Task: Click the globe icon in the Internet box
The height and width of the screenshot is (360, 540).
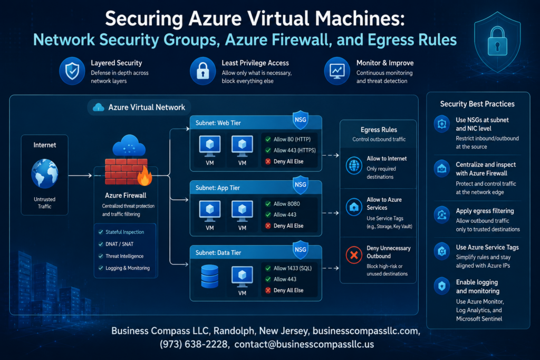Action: [x=45, y=173]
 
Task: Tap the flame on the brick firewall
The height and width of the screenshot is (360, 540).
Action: [x=144, y=176]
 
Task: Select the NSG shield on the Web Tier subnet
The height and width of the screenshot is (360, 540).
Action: [x=300, y=120]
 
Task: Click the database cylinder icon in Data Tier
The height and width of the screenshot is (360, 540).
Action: [x=209, y=276]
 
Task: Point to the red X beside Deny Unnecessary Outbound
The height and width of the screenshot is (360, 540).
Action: [x=354, y=255]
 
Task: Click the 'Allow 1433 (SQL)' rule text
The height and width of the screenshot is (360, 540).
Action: [x=292, y=268]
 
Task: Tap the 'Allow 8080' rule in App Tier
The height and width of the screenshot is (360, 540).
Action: [x=286, y=204]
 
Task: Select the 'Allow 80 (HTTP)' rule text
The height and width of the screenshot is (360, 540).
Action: [x=292, y=139]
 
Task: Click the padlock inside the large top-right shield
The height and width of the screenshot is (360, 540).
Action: [x=497, y=42]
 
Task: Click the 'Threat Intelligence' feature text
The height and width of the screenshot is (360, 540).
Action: [x=124, y=256]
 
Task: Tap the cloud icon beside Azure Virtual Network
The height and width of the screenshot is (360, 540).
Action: [x=99, y=108]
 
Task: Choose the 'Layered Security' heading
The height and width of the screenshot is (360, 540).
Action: [x=117, y=63]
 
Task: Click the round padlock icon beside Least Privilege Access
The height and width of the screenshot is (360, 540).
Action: [x=203, y=71]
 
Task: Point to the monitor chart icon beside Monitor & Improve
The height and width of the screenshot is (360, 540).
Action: [x=337, y=71]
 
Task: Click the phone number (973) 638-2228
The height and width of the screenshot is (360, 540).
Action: [x=195, y=344]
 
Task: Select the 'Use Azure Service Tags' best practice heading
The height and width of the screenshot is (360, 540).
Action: [x=487, y=247]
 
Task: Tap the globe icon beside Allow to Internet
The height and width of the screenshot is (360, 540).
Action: [x=354, y=166]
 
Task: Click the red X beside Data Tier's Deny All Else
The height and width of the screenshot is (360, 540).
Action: [x=268, y=290]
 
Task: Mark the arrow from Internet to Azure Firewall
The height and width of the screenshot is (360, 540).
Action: [x=80, y=176]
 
